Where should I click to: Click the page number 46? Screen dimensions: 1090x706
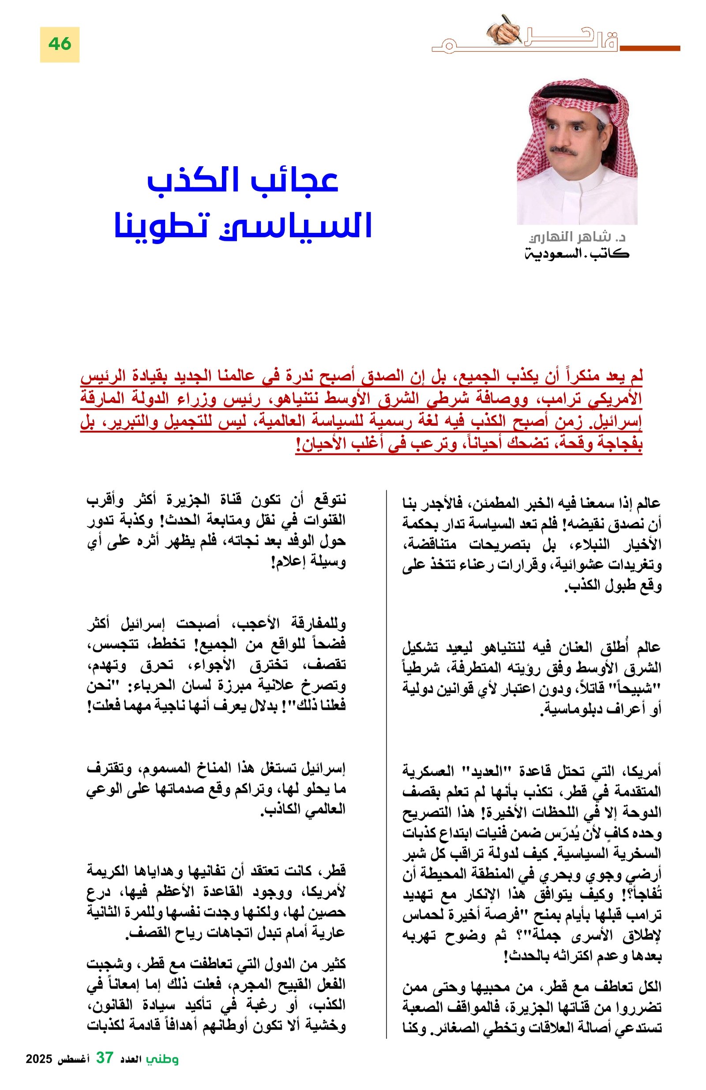[x=60, y=44]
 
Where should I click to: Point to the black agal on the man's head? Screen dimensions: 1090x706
[x=571, y=91]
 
